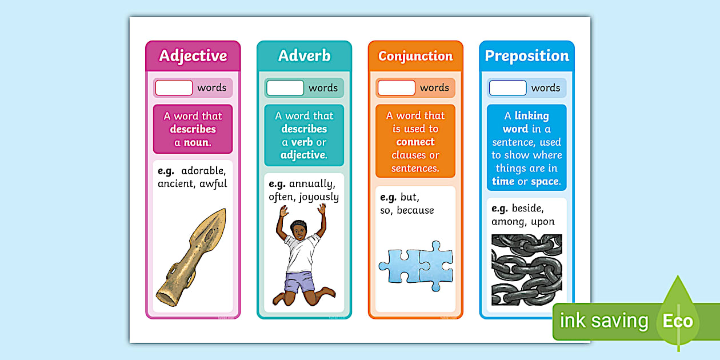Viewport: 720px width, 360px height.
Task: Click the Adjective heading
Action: point(193,55)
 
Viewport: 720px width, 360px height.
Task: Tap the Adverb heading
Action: point(304,55)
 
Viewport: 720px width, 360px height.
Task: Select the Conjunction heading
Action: point(415,56)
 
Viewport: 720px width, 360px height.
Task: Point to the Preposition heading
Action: point(527,55)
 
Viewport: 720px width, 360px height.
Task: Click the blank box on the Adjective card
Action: point(174,88)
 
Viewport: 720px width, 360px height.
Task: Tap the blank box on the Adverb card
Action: point(285,88)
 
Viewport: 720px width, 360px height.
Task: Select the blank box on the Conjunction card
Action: point(397,88)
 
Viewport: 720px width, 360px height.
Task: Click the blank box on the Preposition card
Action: point(507,88)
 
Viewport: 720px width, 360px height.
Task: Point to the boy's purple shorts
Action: point(299,282)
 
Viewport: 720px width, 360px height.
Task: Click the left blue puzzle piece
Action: point(399,266)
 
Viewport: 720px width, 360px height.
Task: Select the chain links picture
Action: point(527,269)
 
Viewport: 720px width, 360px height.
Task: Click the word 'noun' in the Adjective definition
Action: point(196,142)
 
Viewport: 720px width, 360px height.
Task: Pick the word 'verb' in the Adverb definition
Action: point(302,142)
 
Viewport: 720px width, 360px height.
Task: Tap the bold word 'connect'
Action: point(415,142)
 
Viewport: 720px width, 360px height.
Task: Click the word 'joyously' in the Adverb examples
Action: point(319,197)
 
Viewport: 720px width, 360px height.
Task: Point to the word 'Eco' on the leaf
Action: point(678,321)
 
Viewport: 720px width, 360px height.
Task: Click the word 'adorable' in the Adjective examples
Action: point(203,171)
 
